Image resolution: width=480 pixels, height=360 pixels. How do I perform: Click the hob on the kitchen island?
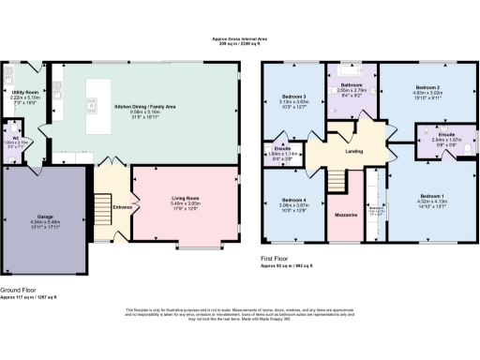point(94,103)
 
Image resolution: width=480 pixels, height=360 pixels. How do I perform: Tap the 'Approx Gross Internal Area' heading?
point(240,38)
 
